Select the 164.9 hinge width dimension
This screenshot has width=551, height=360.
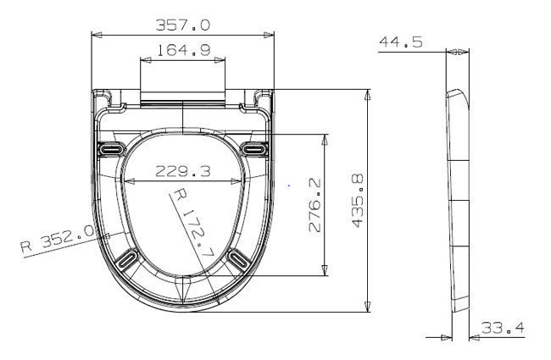tap(183, 52)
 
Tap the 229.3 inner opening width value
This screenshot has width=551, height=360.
tap(183, 171)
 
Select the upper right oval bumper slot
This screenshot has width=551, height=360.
tap(253, 149)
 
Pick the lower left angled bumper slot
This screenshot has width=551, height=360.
tap(126, 258)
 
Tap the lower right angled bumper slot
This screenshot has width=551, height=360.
tap(238, 258)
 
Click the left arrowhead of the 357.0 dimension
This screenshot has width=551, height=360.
tap(96, 36)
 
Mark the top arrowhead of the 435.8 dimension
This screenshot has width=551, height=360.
tap(367, 93)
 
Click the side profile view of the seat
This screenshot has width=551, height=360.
tap(458, 203)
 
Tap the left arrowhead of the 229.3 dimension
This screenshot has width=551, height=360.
tap(129, 180)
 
